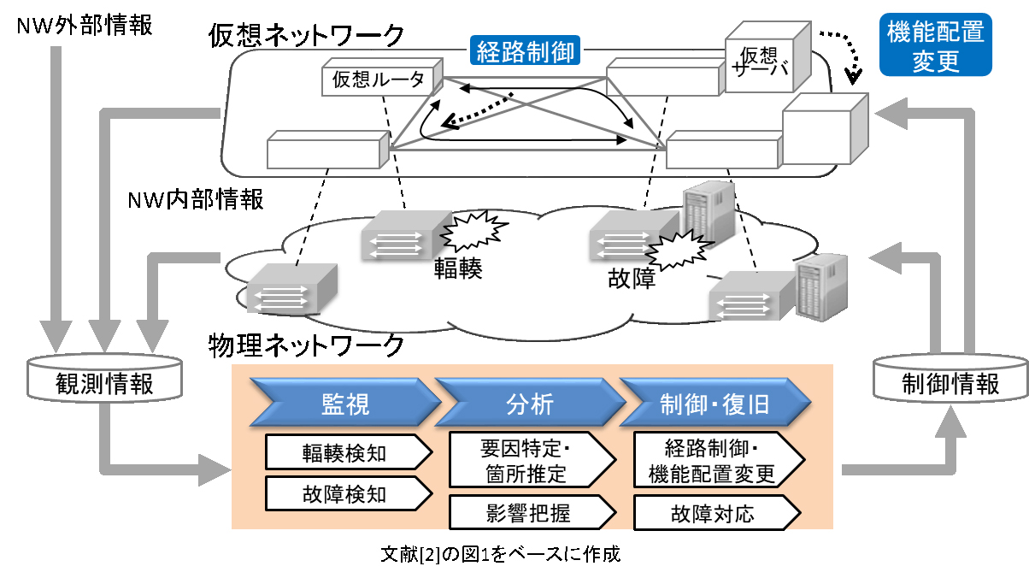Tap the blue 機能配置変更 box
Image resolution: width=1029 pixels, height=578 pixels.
tap(936, 46)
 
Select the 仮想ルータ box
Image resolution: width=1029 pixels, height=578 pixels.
tap(379, 80)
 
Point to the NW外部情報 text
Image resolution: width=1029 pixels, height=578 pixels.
tap(85, 26)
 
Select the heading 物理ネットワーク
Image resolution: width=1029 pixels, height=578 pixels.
tap(306, 346)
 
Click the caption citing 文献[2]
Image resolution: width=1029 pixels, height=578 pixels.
tap(499, 553)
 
